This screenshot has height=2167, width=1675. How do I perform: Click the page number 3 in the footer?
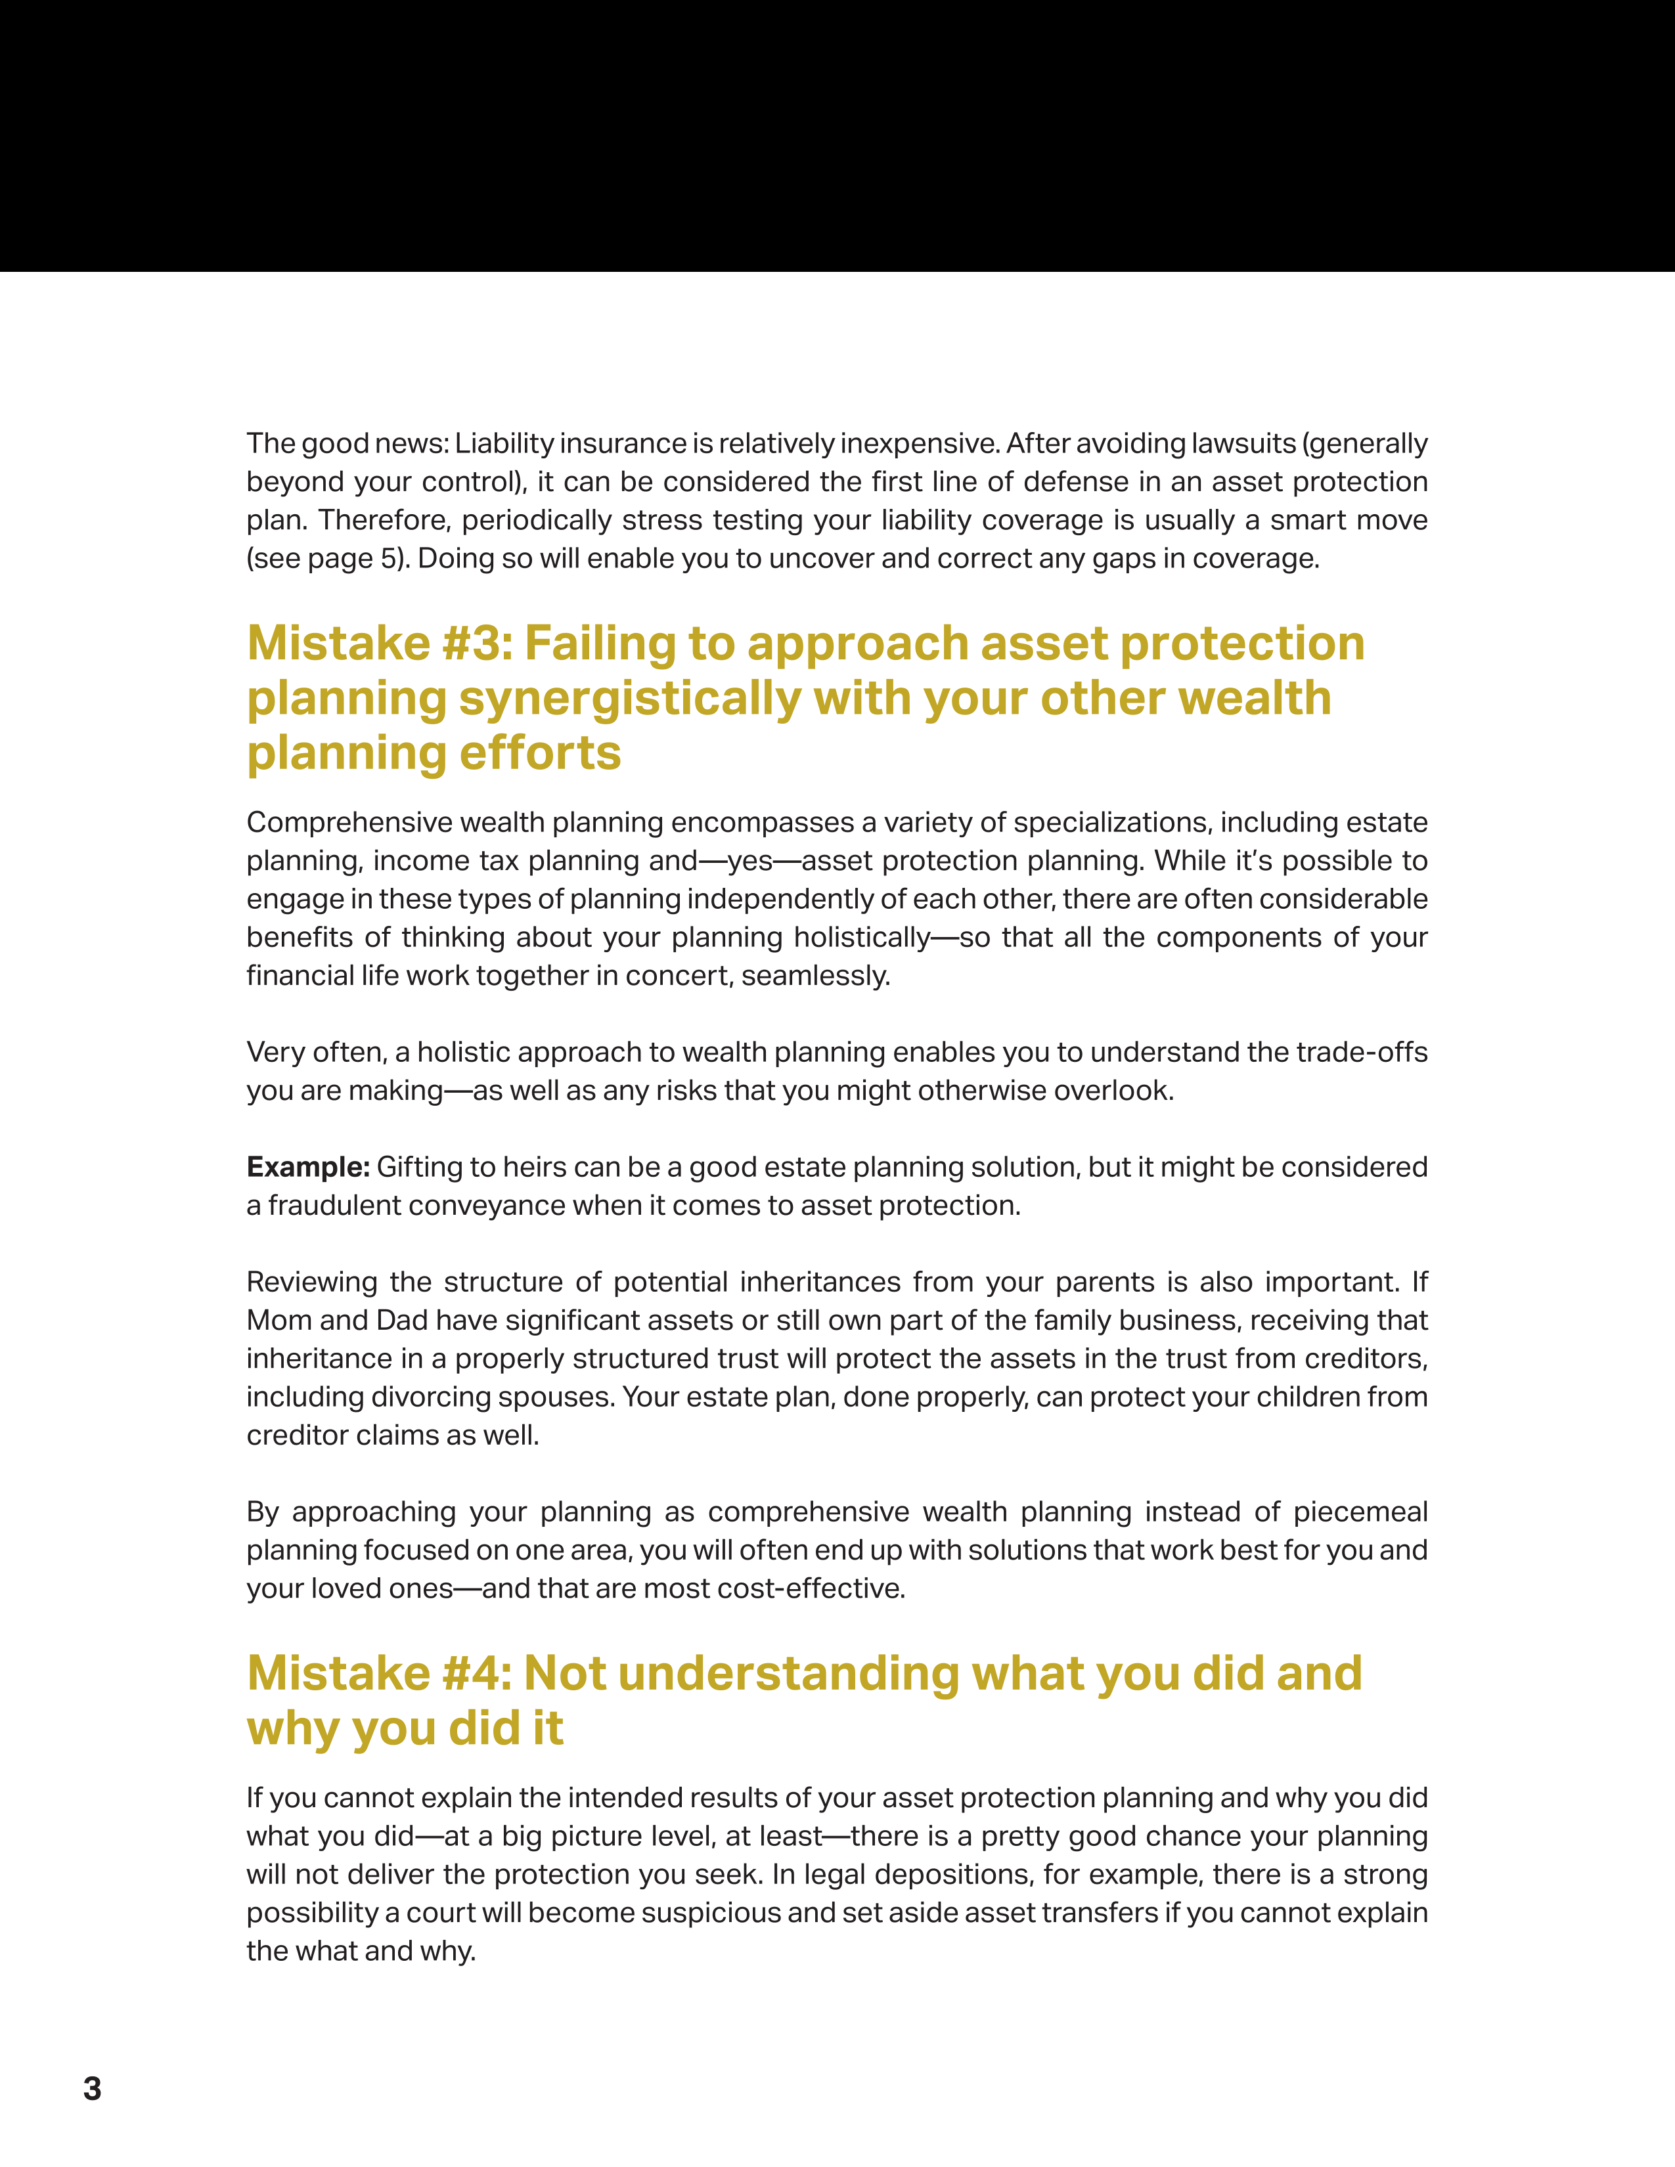pos(92,2089)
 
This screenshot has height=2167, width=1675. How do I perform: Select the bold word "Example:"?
pos(307,1167)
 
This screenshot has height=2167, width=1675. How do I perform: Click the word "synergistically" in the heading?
pos(629,699)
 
